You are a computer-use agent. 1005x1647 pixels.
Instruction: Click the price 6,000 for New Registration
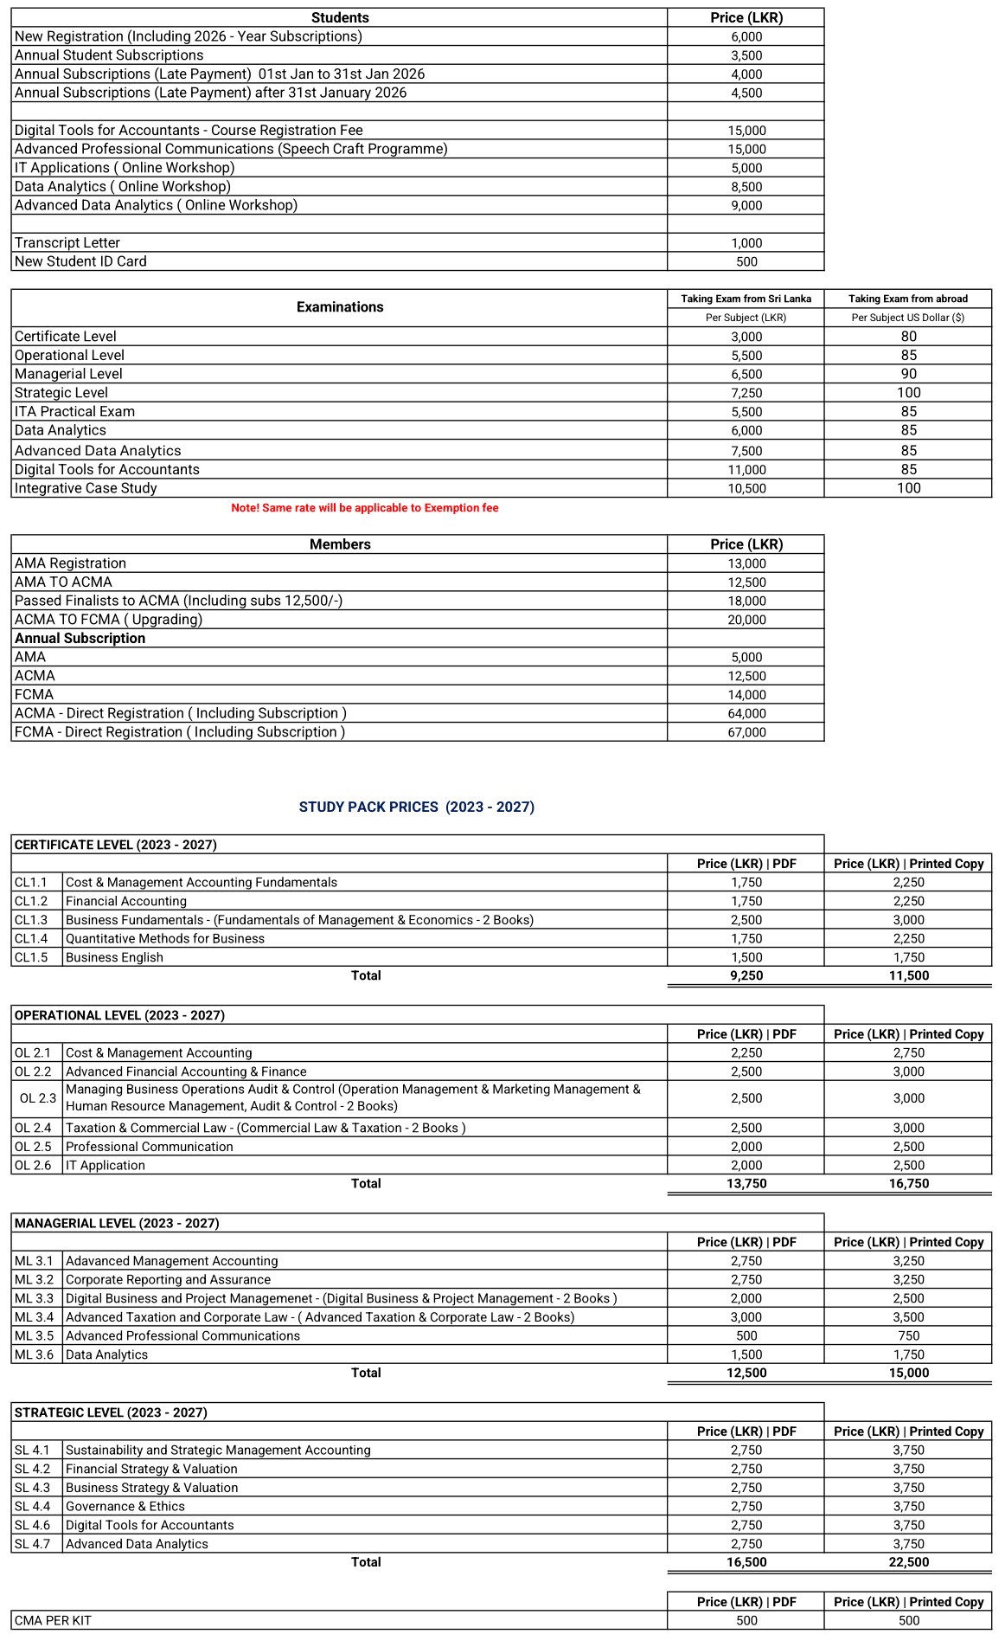click(x=746, y=36)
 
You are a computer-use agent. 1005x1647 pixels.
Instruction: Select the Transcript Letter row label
click(x=67, y=243)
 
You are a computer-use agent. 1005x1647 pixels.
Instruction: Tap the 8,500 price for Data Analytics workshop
click(x=746, y=187)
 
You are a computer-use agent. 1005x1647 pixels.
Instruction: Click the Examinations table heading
click(x=340, y=307)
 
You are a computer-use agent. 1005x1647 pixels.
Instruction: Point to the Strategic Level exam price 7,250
click(x=746, y=393)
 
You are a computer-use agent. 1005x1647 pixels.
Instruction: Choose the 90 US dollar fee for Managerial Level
click(x=908, y=374)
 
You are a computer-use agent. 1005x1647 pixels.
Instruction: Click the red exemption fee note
click(x=364, y=508)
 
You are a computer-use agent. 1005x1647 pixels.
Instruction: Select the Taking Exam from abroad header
click(x=908, y=299)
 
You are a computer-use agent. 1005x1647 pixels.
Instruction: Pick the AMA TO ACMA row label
click(x=63, y=582)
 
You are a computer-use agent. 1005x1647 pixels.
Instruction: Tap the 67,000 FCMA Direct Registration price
click(x=746, y=732)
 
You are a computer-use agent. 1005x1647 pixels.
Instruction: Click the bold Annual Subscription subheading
click(x=80, y=639)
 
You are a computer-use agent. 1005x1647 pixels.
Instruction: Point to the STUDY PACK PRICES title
click(x=416, y=807)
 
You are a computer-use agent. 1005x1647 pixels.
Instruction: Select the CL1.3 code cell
click(x=31, y=920)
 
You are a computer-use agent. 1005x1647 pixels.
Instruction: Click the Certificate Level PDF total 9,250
click(x=746, y=975)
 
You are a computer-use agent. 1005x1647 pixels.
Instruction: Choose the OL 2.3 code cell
click(x=37, y=1098)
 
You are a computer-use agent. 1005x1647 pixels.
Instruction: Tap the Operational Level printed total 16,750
click(x=908, y=1183)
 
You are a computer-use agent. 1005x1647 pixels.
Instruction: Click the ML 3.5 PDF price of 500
click(x=746, y=1335)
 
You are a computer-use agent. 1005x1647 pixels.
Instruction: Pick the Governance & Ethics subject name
click(x=125, y=1506)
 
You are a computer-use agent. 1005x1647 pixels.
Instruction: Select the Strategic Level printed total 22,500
click(x=908, y=1562)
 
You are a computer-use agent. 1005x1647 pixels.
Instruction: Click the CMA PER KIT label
click(x=53, y=1620)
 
